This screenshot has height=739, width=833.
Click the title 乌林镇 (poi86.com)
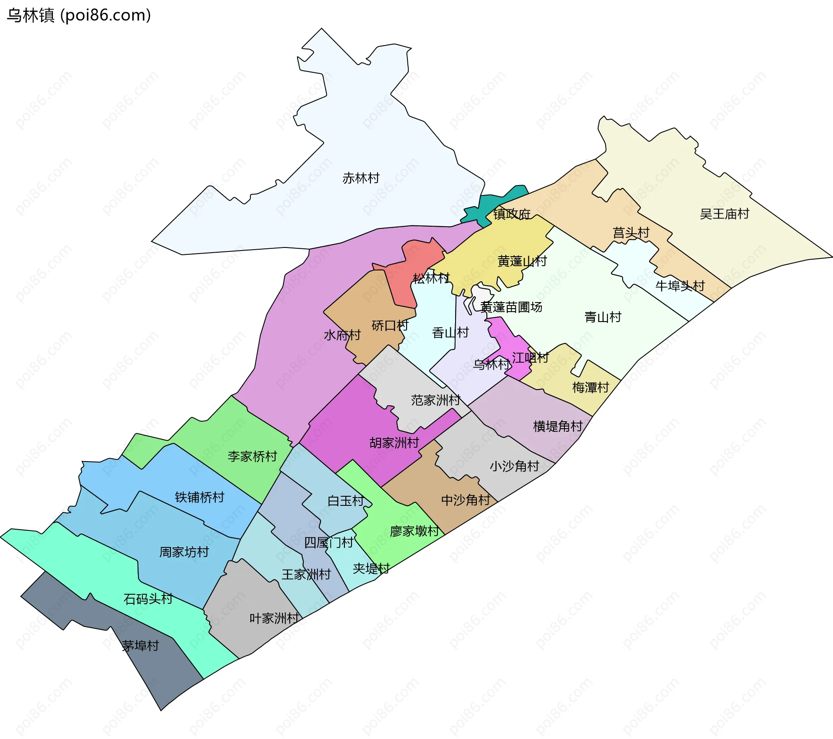(x=79, y=15)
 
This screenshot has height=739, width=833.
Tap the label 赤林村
(x=361, y=178)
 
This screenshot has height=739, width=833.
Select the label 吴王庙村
(x=724, y=214)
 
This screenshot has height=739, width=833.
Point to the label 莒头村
(x=630, y=233)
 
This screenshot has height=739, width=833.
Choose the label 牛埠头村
(x=679, y=286)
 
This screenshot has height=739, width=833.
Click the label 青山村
(x=603, y=317)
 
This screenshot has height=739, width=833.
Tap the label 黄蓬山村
(x=522, y=261)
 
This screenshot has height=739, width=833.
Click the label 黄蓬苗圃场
(x=511, y=307)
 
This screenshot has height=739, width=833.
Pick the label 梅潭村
(x=590, y=387)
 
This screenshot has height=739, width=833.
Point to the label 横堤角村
(x=558, y=426)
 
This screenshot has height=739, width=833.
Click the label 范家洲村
(x=436, y=400)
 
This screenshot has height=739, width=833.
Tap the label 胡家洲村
(x=394, y=443)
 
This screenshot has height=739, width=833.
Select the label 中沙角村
(x=465, y=500)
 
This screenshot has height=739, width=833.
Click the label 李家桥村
(x=252, y=456)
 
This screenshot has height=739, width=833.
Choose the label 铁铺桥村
(x=199, y=497)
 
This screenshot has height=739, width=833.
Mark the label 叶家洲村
(x=274, y=619)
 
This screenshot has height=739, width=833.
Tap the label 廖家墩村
(x=414, y=531)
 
